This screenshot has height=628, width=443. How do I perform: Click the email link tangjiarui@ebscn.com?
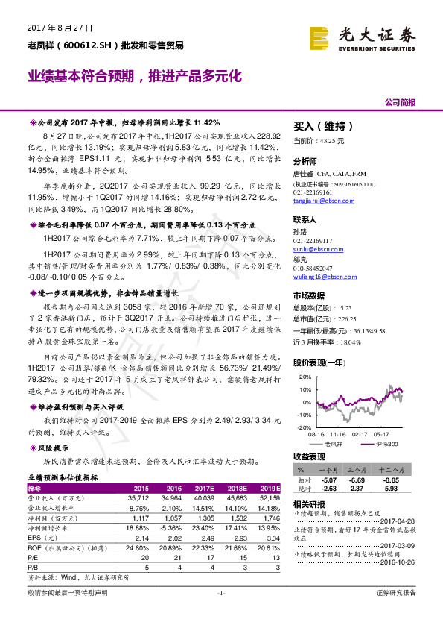pos(321,198)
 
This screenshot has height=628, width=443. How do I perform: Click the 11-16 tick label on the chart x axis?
pos(339,432)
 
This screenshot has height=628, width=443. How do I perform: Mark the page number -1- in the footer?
pos(220,613)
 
